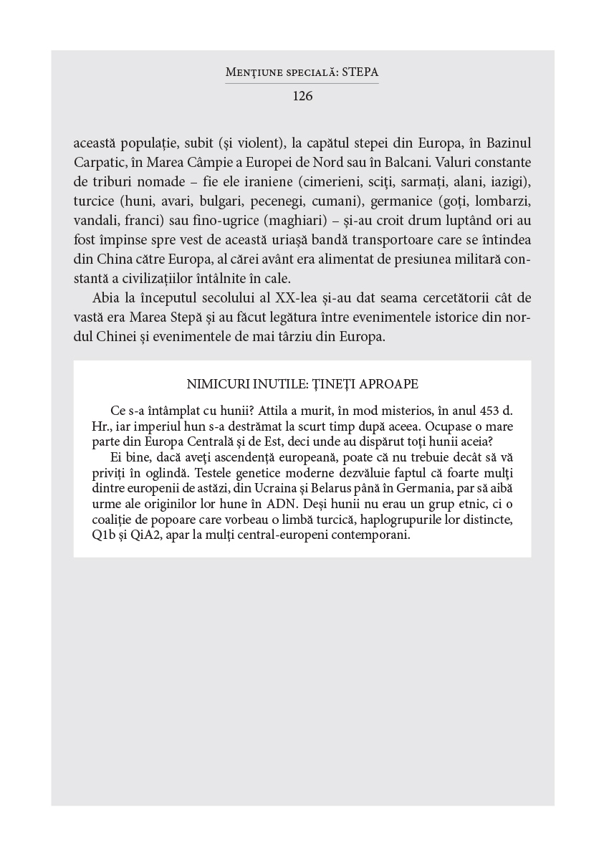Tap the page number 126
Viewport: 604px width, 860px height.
302,96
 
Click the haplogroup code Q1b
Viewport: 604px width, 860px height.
103,535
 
